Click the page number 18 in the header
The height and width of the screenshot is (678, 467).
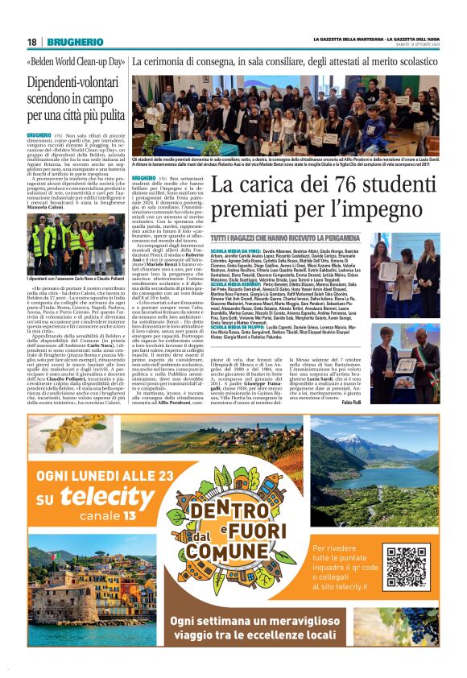pos(32,42)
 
